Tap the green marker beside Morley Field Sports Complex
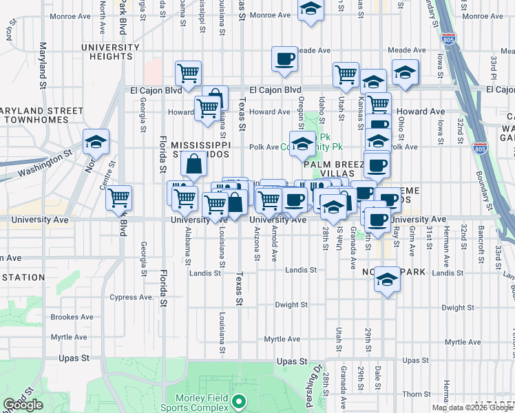[239, 401]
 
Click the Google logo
[23, 405]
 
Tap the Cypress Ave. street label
[131, 297]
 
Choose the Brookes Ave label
[72, 317]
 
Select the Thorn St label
[417, 394]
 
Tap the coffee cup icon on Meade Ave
[284, 59]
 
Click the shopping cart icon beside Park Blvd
[119, 198]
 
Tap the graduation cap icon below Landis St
[388, 279]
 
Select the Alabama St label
[187, 246]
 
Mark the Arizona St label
[257, 244]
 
